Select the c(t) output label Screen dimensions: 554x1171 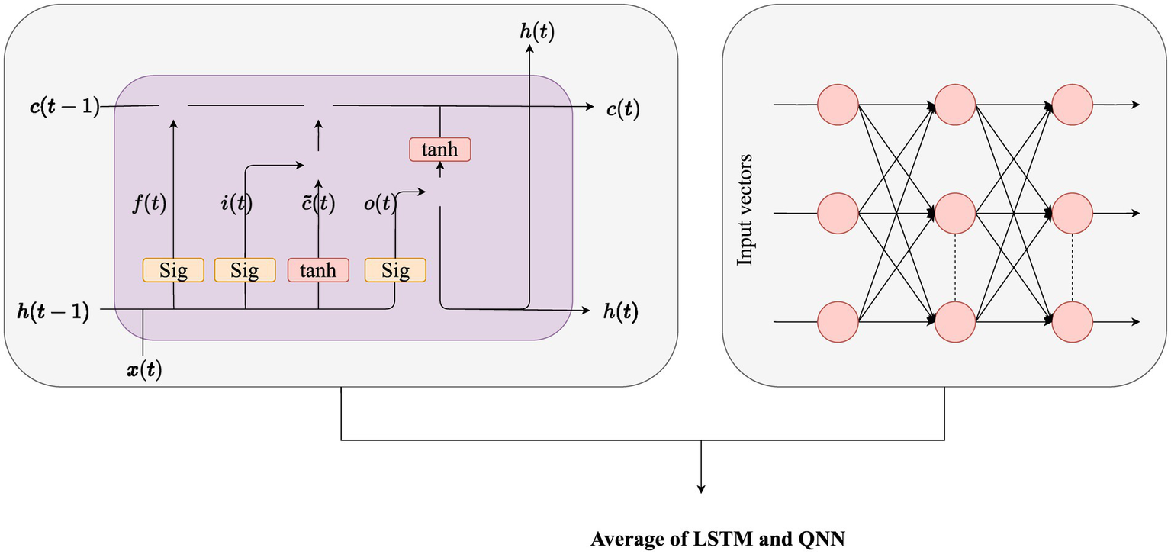coord(622,109)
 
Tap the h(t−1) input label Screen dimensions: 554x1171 coord(53,311)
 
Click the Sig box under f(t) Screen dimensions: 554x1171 coord(173,271)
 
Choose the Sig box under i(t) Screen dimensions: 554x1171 coord(245,271)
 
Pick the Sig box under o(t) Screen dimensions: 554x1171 coord(395,271)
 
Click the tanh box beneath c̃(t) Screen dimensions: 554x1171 coord(318,271)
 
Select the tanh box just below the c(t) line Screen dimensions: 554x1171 coord(440,150)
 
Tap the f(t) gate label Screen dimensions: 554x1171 coord(149,204)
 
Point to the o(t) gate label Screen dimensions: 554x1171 coord(378,204)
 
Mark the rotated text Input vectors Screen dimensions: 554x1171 coord(745,211)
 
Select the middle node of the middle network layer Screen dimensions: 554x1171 coord(955,213)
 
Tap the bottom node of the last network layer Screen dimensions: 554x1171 coord(1073,321)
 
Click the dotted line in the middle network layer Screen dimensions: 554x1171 coord(955,267)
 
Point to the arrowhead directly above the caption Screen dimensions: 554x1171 coord(700,489)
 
